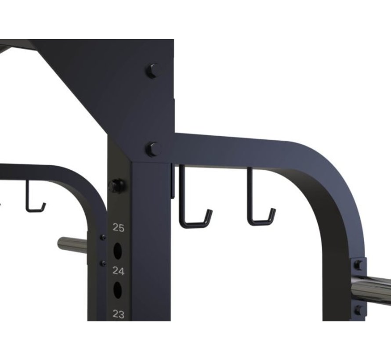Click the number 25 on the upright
point(119,227)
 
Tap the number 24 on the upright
point(119,271)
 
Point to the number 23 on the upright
point(119,314)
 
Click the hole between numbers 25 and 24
point(118,250)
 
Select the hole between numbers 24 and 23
point(118,290)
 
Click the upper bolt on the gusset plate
point(152,71)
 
